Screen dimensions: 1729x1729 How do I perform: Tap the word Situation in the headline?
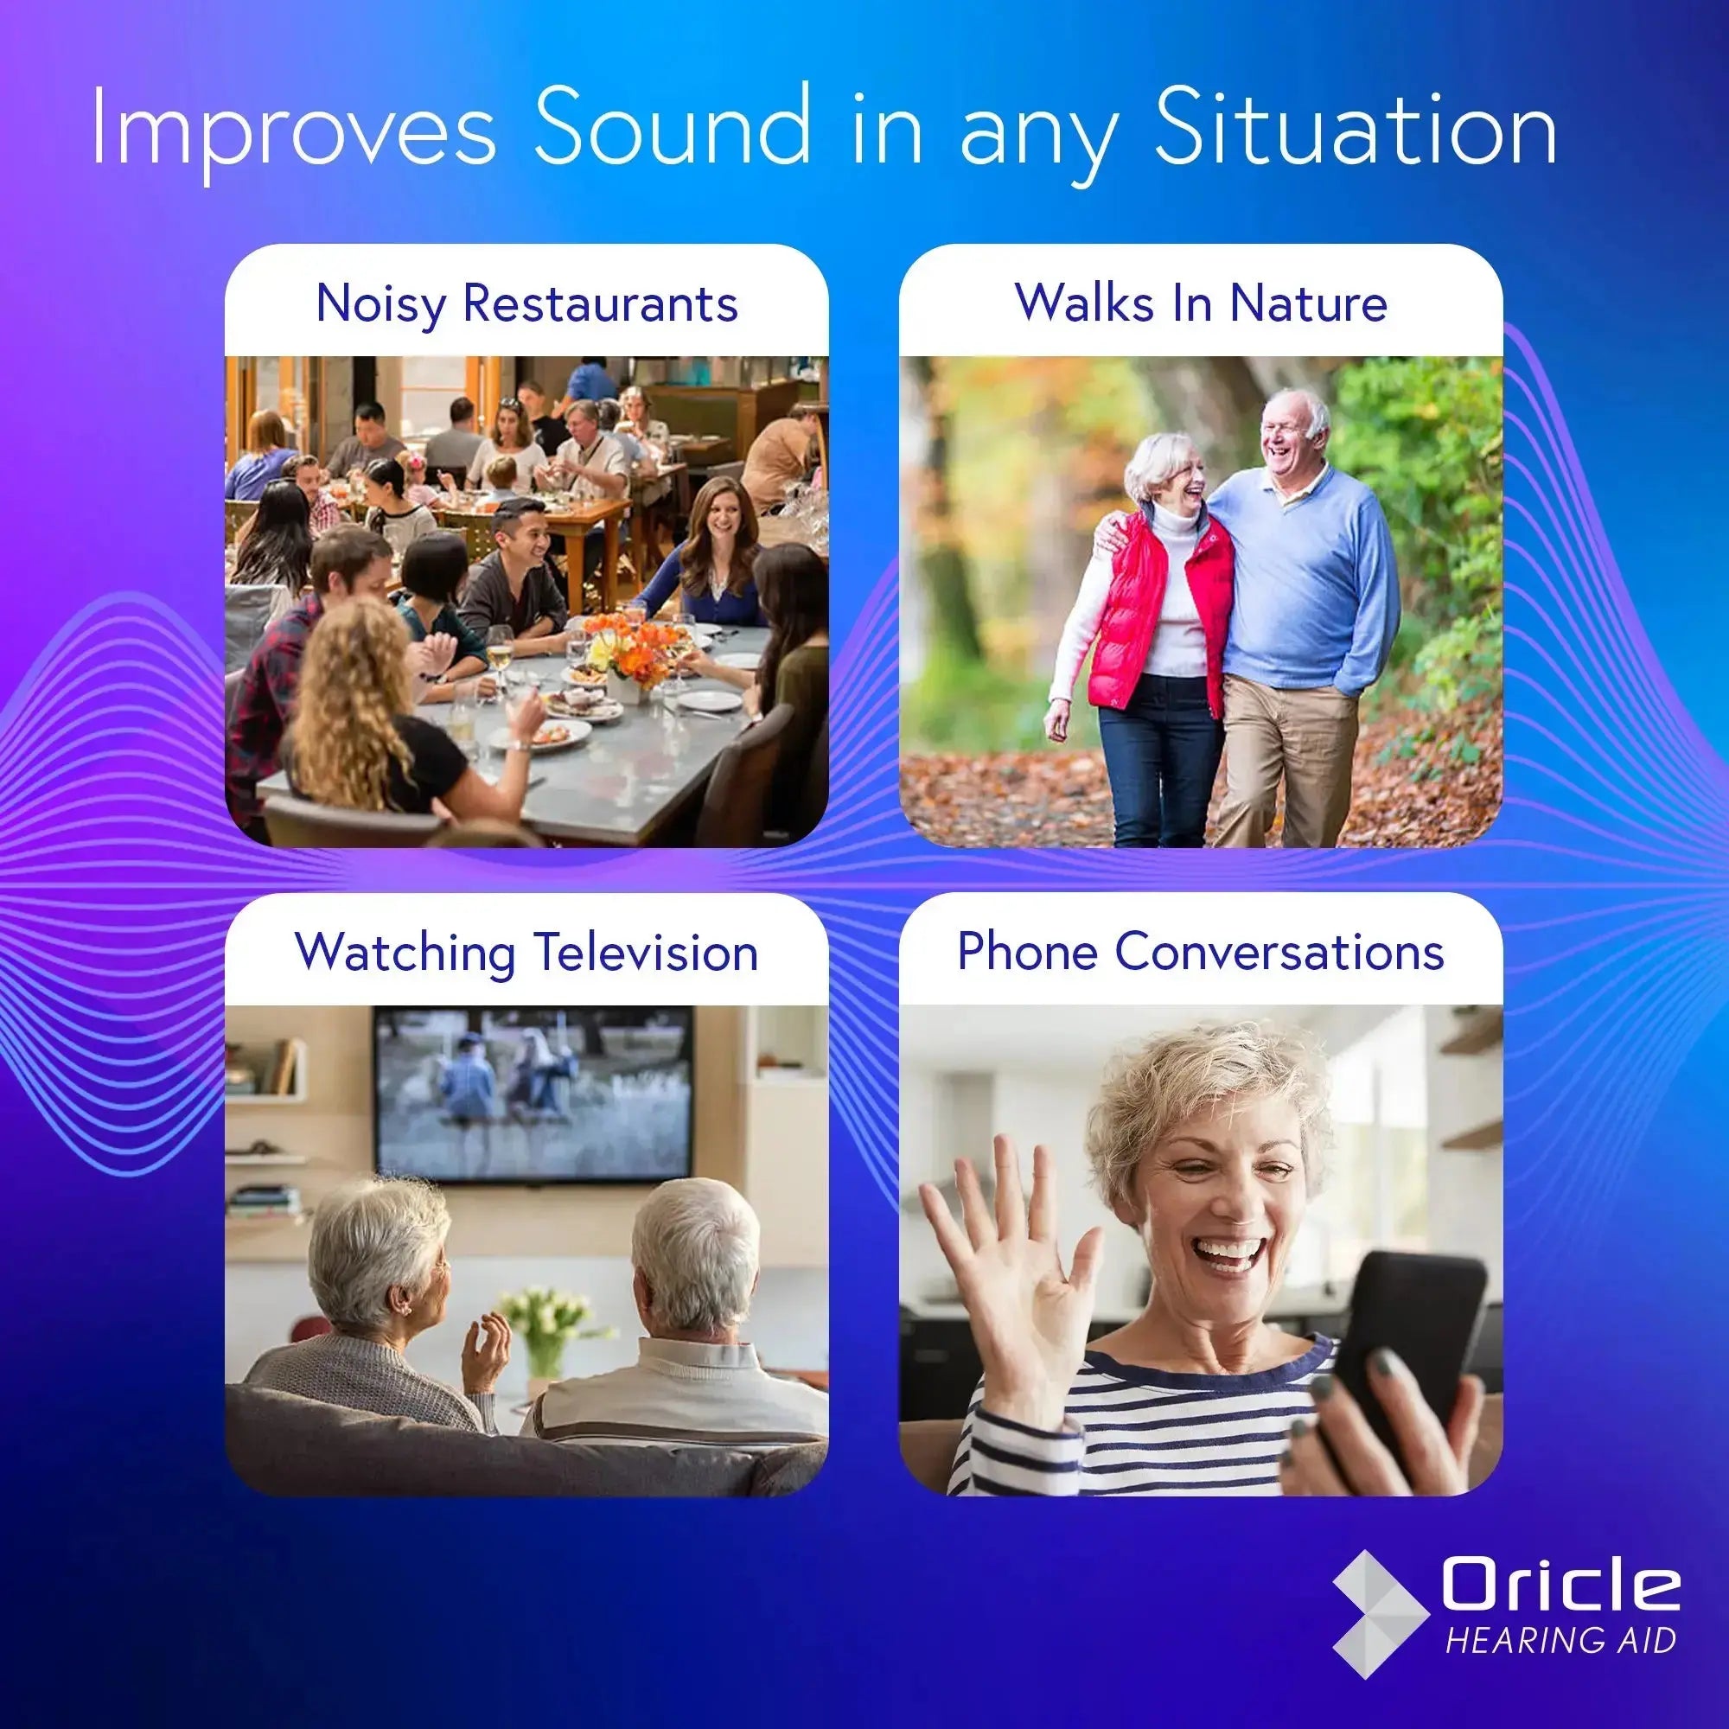tap(1355, 130)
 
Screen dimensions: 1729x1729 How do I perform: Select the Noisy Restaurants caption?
tap(526, 303)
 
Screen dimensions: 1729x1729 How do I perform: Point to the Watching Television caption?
tap(526, 951)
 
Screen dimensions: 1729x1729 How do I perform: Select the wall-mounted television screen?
tap(534, 1092)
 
